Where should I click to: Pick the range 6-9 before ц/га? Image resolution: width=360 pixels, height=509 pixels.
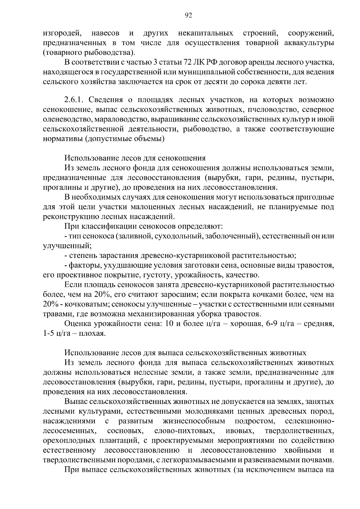click(x=271, y=324)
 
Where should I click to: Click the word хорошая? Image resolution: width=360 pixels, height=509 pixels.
click(x=243, y=324)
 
